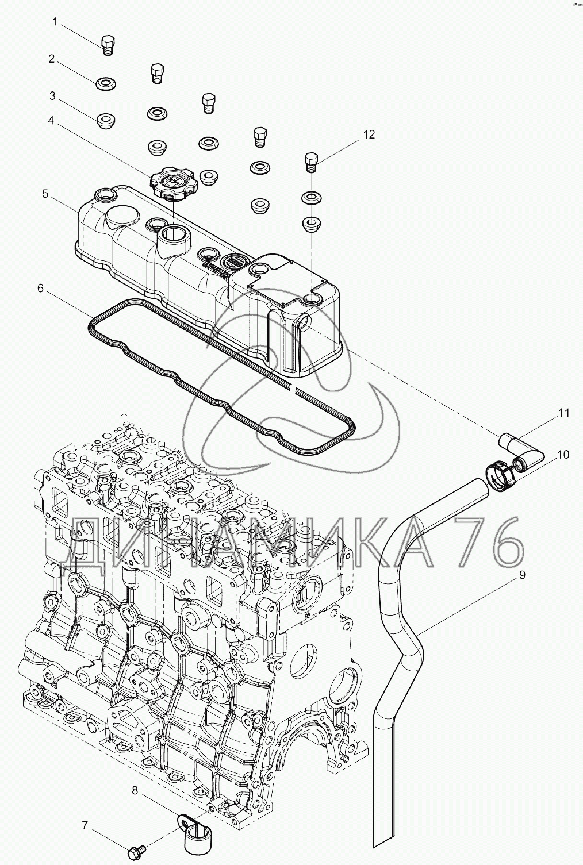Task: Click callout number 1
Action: click(x=55, y=22)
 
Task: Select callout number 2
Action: click(x=52, y=59)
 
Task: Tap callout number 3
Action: click(x=52, y=95)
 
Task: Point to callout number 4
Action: click(x=51, y=121)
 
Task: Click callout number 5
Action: click(x=45, y=194)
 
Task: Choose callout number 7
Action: click(x=85, y=826)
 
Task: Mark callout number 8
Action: click(x=135, y=791)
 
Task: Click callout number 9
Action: click(x=522, y=574)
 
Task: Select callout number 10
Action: click(x=563, y=455)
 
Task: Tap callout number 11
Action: click(x=563, y=413)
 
